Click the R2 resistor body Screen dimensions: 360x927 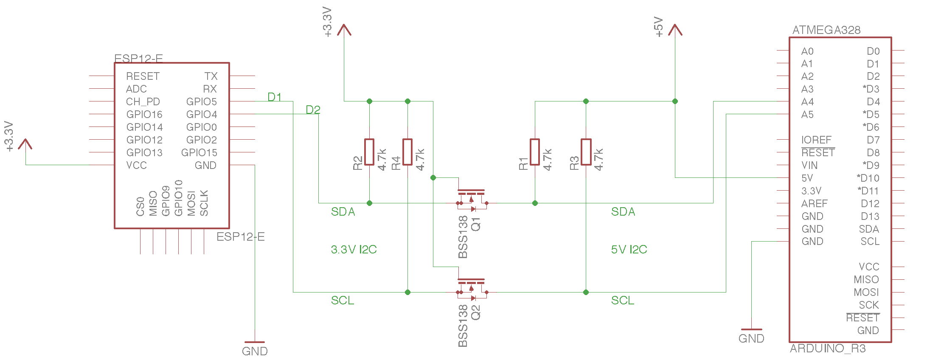(x=369, y=152)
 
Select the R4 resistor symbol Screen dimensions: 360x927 (x=407, y=152)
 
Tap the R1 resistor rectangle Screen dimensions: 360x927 (x=535, y=152)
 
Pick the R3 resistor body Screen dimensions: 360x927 (x=586, y=152)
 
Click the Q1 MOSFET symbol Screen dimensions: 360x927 (x=471, y=200)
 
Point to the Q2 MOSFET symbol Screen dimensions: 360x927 (x=471, y=289)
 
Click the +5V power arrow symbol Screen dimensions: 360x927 (x=675, y=30)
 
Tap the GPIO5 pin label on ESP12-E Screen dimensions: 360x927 (x=201, y=102)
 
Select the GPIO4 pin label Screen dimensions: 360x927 (x=201, y=115)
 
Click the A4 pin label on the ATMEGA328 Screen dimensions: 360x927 (x=807, y=102)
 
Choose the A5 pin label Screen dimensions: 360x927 (x=807, y=115)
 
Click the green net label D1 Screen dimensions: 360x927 (x=275, y=97)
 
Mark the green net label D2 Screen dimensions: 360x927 (x=313, y=110)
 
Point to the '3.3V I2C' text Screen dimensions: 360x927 (x=354, y=250)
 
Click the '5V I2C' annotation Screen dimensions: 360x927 (x=629, y=250)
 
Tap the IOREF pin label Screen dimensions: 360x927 (x=816, y=140)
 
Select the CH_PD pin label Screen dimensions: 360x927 (x=143, y=102)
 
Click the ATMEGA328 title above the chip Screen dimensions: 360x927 (x=826, y=30)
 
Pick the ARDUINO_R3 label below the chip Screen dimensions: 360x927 (x=828, y=349)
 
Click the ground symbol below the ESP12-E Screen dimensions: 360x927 (x=255, y=342)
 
